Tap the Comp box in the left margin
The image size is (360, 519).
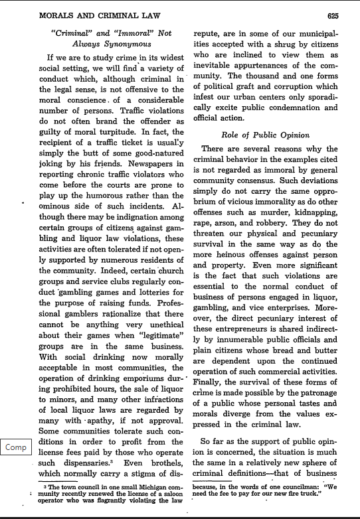point(16,447)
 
